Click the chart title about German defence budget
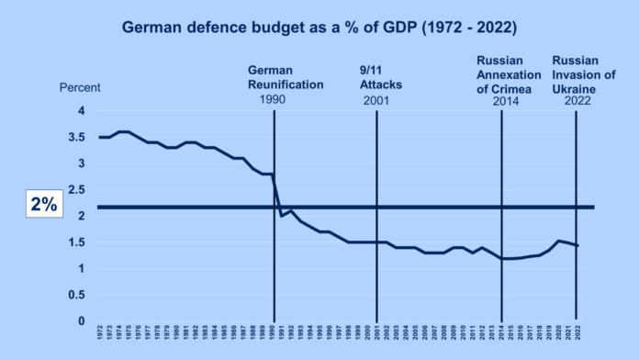pyautogui.click(x=319, y=28)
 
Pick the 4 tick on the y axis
pyautogui.click(x=81, y=110)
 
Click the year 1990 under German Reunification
pyautogui.click(x=274, y=99)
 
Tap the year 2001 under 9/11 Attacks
pyautogui.click(x=376, y=99)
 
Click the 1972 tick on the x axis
pyautogui.click(x=100, y=332)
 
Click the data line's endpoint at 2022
pyautogui.click(x=576, y=245)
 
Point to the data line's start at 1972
pyautogui.click(x=100, y=137)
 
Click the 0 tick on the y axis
pyautogui.click(x=81, y=322)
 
